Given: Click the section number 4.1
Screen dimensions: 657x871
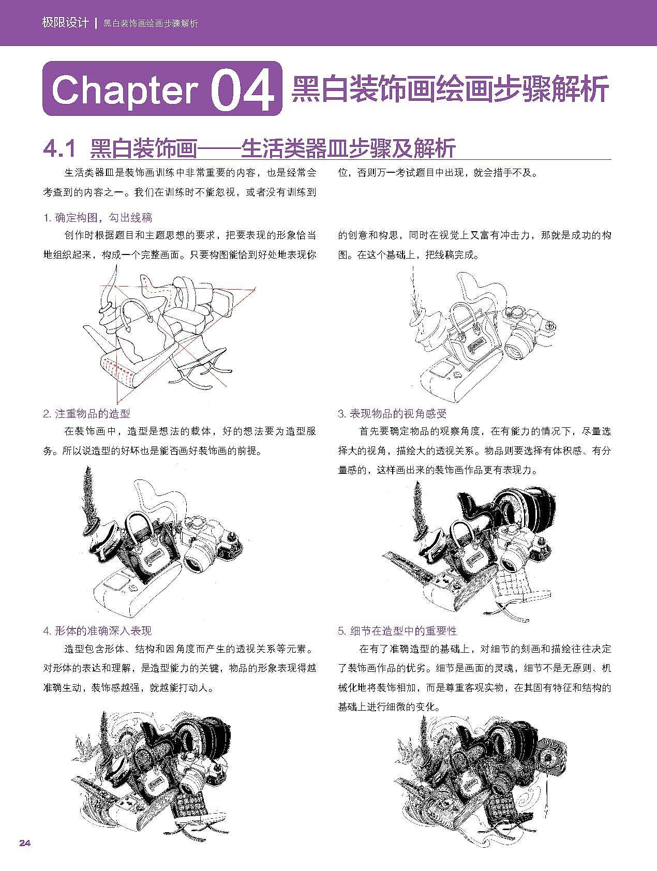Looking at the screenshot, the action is click(x=59, y=148).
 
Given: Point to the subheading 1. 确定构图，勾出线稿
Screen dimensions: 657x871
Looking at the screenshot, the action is click(x=98, y=218).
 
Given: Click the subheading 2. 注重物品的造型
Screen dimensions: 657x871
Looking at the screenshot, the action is click(x=86, y=414).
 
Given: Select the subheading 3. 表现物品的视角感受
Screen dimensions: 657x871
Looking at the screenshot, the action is click(x=392, y=414).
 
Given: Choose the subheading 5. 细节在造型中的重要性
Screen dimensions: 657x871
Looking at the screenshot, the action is click(x=398, y=631).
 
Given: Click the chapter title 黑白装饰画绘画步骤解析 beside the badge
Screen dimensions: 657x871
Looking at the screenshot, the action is click(x=450, y=90).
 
